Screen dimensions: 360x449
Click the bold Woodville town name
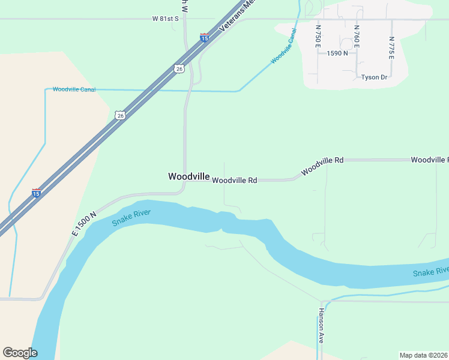click(189, 176)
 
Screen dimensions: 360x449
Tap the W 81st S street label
click(166, 19)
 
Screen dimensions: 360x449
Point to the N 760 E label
click(357, 36)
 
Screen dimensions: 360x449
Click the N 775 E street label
click(391, 48)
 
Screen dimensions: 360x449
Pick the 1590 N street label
click(337, 53)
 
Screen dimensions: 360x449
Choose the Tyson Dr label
click(374, 77)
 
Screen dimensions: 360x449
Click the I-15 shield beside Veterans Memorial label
click(205, 38)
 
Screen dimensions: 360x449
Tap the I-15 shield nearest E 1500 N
click(37, 193)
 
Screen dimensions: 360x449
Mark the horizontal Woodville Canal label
click(74, 89)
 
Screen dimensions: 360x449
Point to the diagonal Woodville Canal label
click(284, 46)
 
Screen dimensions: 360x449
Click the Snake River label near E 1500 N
click(131, 218)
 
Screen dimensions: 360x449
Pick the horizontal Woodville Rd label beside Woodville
click(235, 180)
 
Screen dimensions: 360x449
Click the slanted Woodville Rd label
click(322, 166)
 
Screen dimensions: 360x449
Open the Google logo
click(20, 353)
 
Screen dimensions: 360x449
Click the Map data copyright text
click(423, 355)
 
